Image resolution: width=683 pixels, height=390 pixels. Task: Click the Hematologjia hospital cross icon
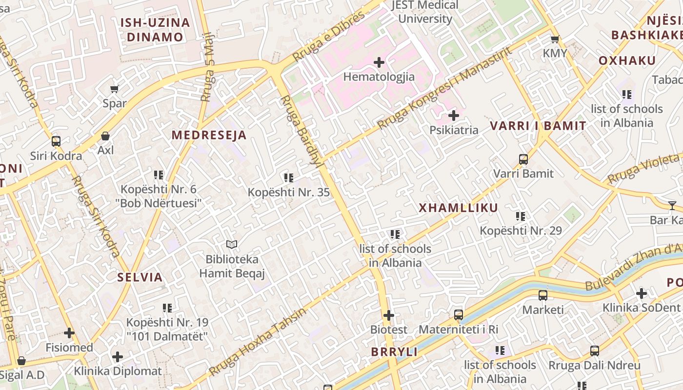[x=379, y=62]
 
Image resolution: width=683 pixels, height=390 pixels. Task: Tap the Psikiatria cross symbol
[x=454, y=116]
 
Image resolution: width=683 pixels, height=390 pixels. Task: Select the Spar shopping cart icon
[x=115, y=89]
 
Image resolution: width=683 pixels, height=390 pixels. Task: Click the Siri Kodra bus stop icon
[x=56, y=141]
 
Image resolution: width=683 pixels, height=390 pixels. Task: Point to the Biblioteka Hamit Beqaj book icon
[x=232, y=244]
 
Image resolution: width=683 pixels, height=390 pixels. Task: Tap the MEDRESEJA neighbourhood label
[x=209, y=136]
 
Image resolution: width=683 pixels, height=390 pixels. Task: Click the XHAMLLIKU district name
[x=459, y=208]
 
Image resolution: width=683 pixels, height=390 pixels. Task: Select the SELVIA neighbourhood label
[x=140, y=277]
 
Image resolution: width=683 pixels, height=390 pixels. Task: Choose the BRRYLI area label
[x=394, y=352]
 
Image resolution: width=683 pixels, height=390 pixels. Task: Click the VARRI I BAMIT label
[x=538, y=126]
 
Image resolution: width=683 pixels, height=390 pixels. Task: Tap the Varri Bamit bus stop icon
[x=523, y=159]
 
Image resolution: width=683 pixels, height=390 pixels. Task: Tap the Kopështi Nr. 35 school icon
[x=289, y=178]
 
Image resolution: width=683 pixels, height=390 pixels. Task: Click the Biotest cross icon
[x=389, y=315]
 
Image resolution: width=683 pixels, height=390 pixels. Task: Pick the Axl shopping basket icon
[x=105, y=136]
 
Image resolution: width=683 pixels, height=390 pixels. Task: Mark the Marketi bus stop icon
[x=543, y=295]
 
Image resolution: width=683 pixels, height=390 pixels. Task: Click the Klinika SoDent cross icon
[x=642, y=293]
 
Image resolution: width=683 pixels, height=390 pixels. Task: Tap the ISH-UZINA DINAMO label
[x=155, y=30]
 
